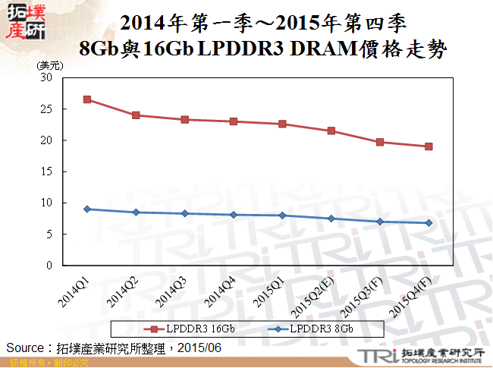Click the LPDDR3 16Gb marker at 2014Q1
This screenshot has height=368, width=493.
coord(87,99)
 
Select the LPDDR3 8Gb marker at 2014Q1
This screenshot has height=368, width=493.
coord(87,209)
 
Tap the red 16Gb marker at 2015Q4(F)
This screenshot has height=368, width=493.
coord(429,146)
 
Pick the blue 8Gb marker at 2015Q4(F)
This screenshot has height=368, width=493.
coord(429,223)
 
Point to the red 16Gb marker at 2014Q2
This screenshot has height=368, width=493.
coord(136,115)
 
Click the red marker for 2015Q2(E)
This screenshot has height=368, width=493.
coord(331,131)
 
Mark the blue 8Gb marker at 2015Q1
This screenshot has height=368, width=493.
coord(282,215)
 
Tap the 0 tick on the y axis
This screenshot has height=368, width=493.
coord(49,266)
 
